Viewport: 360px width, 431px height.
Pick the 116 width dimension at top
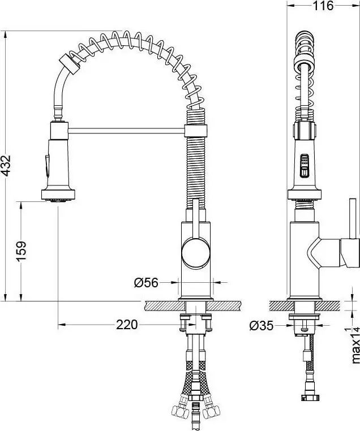(x=323, y=6)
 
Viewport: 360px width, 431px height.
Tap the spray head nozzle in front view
(x=58, y=198)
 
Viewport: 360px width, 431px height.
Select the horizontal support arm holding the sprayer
(x=126, y=131)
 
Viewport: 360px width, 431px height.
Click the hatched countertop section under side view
(x=279, y=305)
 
